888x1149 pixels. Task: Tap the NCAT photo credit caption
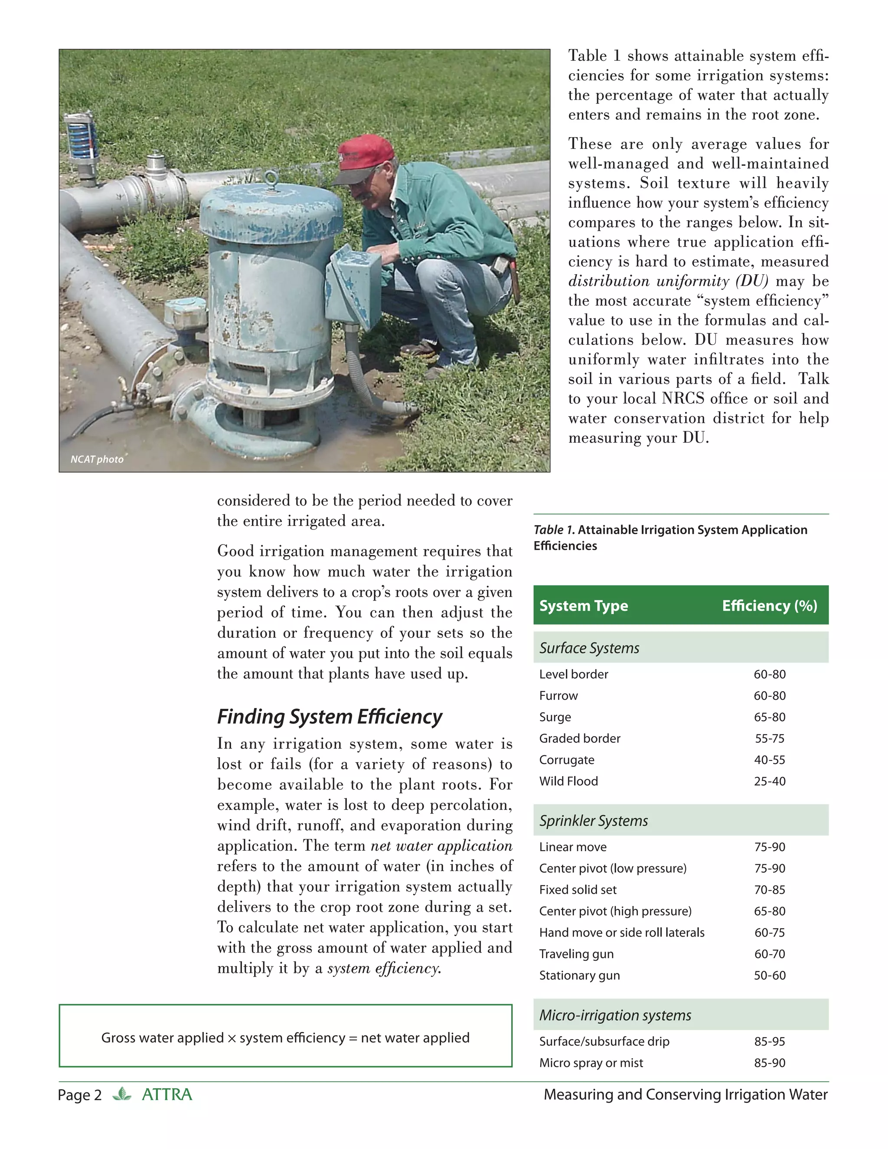click(97, 459)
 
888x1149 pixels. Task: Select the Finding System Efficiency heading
click(330, 717)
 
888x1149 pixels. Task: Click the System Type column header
click(584, 606)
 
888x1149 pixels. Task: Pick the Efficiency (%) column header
click(769, 606)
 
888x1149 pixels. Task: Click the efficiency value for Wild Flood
click(769, 781)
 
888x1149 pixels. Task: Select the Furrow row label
click(558, 695)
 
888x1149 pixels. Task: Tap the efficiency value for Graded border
click(769, 739)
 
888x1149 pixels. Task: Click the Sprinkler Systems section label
click(594, 821)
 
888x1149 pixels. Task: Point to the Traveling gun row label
click(576, 954)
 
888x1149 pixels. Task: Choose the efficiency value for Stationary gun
click(769, 976)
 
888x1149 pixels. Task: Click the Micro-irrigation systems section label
click(615, 1015)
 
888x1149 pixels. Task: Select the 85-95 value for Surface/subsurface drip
click(769, 1041)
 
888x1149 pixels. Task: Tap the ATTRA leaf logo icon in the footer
click(122, 1094)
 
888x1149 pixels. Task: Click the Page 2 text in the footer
click(79, 1095)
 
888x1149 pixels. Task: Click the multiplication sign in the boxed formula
click(232, 1038)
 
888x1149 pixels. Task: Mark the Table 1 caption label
click(554, 530)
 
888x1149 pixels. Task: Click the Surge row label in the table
click(555, 717)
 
